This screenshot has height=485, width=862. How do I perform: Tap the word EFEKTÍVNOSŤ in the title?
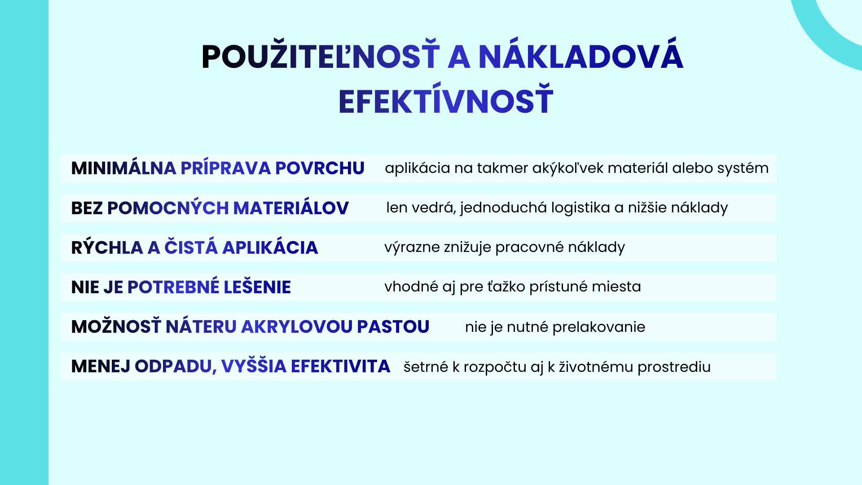pyautogui.click(x=446, y=99)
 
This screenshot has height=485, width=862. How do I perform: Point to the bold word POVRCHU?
pyautogui.click(x=320, y=168)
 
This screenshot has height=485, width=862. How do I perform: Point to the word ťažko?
pyautogui.click(x=506, y=287)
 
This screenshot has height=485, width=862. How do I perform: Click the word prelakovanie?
pyautogui.click(x=599, y=327)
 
